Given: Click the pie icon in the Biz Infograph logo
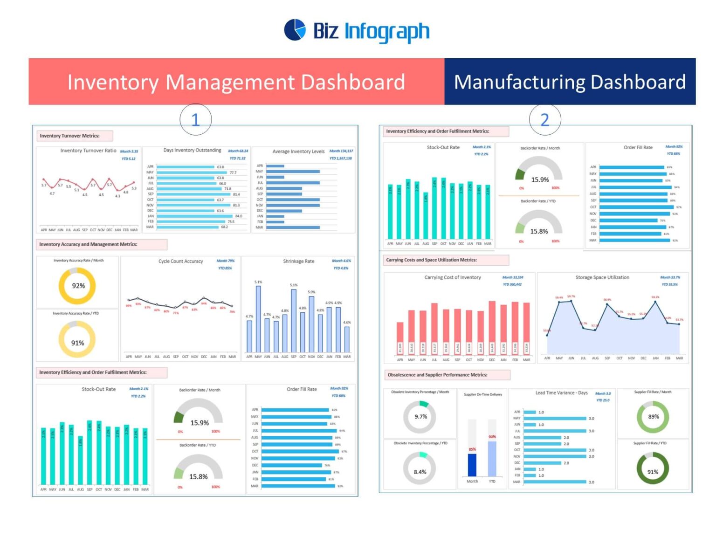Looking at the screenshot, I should pos(295,30).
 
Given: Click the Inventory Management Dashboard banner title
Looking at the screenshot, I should pos(236,82).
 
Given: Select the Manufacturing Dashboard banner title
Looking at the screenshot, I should pos(570,82).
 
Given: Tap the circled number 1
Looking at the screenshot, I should pos(195,120).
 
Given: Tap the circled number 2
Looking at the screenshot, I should pos(544,120).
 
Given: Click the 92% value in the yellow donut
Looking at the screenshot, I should pos(78,286).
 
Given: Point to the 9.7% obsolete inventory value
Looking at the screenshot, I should pos(420,417).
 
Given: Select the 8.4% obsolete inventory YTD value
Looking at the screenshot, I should pos(420,472).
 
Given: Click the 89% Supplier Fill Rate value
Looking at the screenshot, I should pos(653,417).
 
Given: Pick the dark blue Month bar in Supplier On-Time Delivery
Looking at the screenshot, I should pos(472,464).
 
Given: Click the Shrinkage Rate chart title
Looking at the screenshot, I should pos(298,262).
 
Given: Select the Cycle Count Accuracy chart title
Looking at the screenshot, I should pos(180,262).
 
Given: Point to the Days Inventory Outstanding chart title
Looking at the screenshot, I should pos(192,151).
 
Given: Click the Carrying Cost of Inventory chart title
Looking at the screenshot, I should pos(452,277).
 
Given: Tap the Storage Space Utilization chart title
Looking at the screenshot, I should pos(602,277).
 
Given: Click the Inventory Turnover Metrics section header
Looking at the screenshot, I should pos(69,136).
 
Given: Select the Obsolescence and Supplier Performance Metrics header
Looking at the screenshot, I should pos(437,375).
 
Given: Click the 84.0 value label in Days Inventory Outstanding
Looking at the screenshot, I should pos(239,216).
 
